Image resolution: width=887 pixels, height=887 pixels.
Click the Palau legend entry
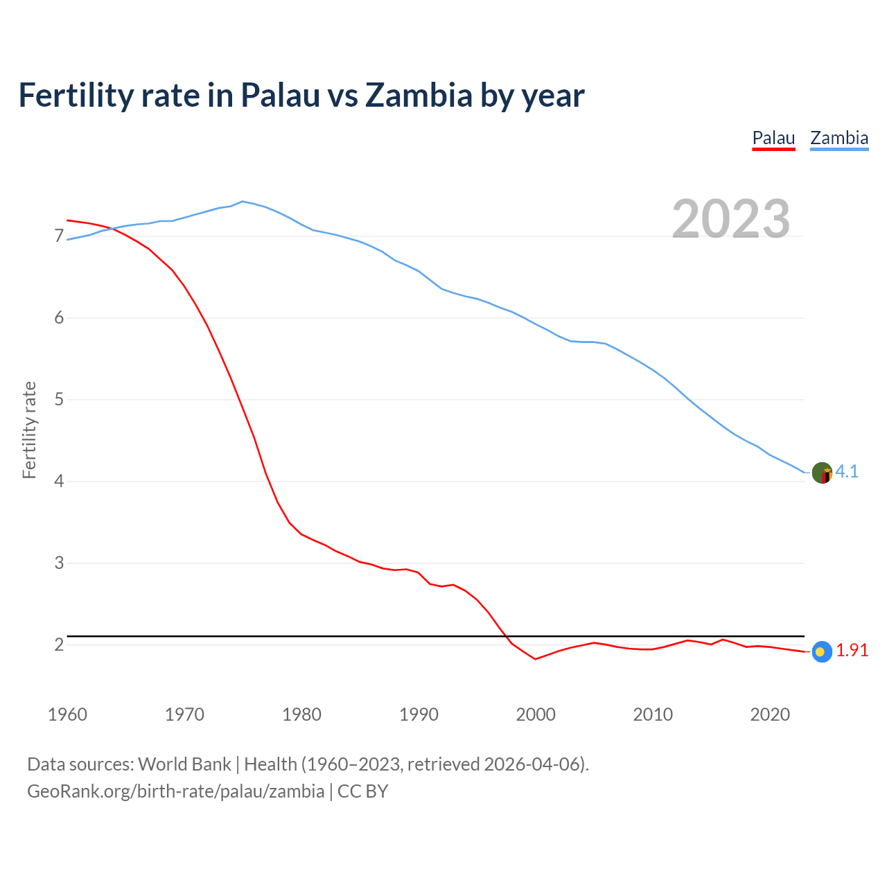coord(773,138)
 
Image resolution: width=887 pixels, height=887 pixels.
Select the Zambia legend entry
coord(839,138)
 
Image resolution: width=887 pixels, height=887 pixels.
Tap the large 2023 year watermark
coord(731,219)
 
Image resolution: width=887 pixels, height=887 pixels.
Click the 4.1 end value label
coord(847,472)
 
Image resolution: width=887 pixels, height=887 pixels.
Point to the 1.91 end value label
coord(852,651)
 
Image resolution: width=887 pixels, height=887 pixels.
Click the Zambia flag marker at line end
coord(822,473)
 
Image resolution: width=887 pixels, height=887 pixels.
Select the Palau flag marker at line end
coord(821,651)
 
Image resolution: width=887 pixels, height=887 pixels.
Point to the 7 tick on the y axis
coord(59,237)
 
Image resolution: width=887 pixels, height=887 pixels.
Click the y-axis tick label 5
coord(59,400)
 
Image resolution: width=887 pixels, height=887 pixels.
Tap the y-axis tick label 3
coord(59,563)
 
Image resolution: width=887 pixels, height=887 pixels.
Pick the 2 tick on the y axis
coord(59,645)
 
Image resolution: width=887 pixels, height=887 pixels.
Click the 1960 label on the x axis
coord(67,714)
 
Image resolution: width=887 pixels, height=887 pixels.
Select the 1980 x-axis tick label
coord(301,714)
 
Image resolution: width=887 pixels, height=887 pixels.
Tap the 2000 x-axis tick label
coord(536,714)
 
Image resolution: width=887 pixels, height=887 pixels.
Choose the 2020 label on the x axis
coord(770,714)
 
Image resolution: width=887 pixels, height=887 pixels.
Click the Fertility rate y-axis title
coord(29,430)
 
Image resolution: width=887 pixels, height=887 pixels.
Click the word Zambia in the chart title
coord(419,96)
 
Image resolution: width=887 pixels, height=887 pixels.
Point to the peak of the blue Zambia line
coord(242,201)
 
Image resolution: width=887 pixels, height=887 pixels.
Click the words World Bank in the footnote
coord(184,764)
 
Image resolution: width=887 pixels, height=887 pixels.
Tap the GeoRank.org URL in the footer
coord(175,791)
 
